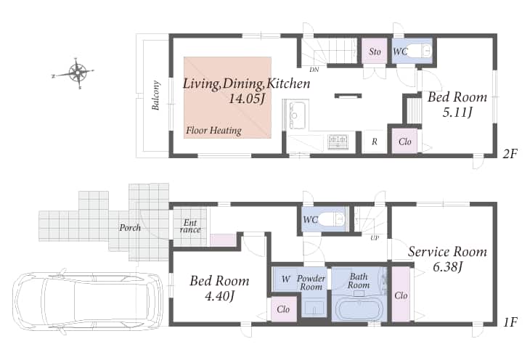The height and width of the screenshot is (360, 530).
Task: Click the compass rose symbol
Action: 78,73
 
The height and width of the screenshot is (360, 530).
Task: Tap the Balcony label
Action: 155,95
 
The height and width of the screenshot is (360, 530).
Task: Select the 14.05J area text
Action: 247,99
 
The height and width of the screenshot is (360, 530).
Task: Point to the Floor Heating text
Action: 213,131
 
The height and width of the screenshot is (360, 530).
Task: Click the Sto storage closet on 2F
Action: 375,52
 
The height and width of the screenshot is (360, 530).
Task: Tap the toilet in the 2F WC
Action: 418,51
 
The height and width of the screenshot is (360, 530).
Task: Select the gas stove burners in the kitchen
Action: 338,142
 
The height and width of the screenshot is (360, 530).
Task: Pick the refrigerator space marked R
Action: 375,142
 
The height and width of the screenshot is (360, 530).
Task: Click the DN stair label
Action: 314,70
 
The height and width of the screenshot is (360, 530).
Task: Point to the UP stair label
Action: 374,238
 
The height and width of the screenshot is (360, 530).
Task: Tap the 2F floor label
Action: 510,154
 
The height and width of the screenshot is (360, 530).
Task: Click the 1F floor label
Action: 510,322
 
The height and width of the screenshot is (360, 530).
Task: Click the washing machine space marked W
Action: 285,279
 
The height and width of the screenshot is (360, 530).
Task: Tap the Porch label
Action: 130,227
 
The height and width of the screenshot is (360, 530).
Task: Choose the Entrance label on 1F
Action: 190,226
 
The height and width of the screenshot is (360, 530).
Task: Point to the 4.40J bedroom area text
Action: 220,296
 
